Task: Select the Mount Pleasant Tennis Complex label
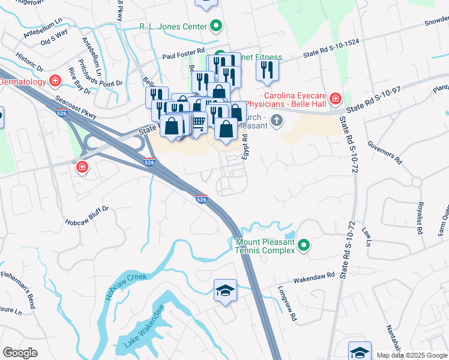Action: [x=265, y=245]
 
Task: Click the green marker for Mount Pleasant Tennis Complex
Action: [x=304, y=245]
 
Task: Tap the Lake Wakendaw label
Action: [x=144, y=328]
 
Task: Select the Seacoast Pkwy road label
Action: [x=75, y=107]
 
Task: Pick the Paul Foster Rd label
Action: [x=184, y=55]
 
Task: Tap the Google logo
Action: [x=20, y=353]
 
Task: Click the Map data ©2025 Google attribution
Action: [x=411, y=355]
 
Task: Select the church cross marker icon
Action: [x=276, y=121]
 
